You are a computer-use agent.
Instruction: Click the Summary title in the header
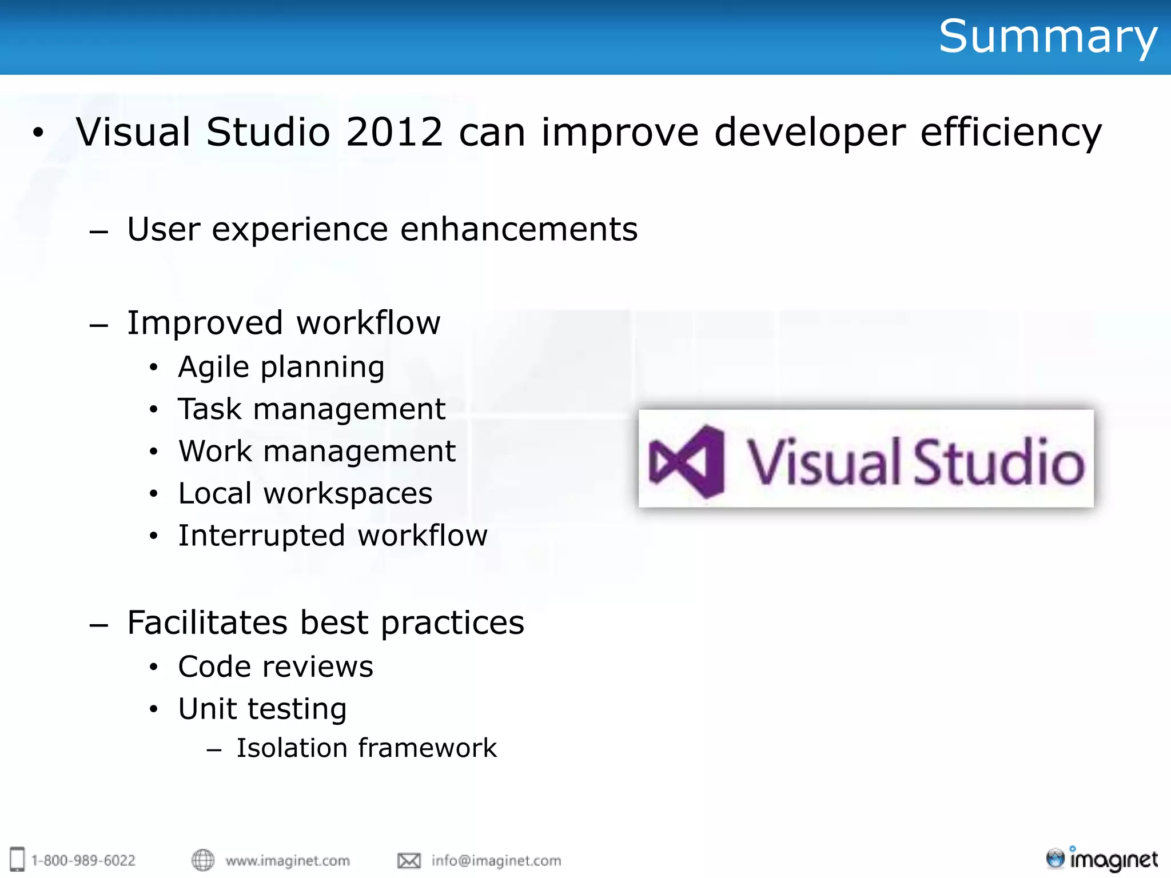pyautogui.click(x=1047, y=37)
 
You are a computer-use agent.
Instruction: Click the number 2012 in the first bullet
pyautogui.click(x=394, y=132)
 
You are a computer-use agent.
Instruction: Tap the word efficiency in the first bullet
pyautogui.click(x=1010, y=132)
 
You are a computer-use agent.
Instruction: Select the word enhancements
pyautogui.click(x=519, y=229)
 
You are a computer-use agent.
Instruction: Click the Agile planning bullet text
pyautogui.click(x=281, y=367)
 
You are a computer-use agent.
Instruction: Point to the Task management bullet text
pyautogui.click(x=312, y=409)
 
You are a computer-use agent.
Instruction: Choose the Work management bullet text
pyautogui.click(x=317, y=452)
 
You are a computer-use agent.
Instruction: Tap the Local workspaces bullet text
pyautogui.click(x=305, y=493)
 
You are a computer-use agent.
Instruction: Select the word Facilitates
pyautogui.click(x=207, y=622)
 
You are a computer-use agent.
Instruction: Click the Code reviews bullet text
pyautogui.click(x=276, y=667)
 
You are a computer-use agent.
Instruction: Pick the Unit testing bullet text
pyautogui.click(x=262, y=709)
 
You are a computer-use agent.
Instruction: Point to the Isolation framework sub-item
pyautogui.click(x=367, y=748)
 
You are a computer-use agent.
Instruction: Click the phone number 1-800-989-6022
pyautogui.click(x=83, y=861)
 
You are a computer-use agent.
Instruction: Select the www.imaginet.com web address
pyautogui.click(x=288, y=861)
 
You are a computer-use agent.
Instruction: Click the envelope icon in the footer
pyautogui.click(x=409, y=860)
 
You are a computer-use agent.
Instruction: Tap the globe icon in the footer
pyautogui.click(x=202, y=860)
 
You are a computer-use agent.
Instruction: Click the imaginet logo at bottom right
pyautogui.click(x=1102, y=859)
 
